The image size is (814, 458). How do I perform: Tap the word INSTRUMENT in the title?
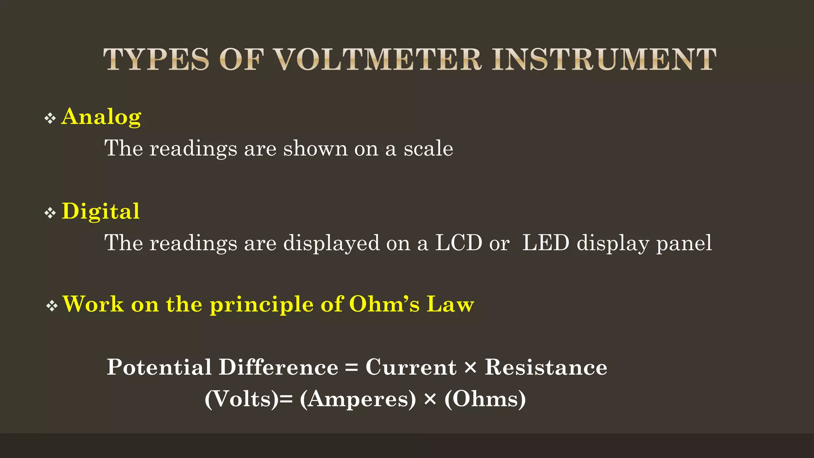pos(604,60)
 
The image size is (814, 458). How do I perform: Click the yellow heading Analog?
pos(101,117)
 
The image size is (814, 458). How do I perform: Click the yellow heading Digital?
pos(101,211)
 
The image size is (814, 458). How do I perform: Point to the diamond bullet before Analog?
pos(50,118)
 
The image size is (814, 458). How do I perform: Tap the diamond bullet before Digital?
pos(50,213)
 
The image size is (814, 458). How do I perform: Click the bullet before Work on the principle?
pos(52,306)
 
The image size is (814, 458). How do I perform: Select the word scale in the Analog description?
pos(428,148)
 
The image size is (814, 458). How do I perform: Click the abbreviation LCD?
pos(459,243)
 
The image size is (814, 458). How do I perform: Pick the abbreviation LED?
pos(546,243)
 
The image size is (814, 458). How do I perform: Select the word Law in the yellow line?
pos(450,304)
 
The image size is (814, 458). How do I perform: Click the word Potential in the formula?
pos(159,367)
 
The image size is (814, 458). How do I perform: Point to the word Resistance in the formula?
pos(546,367)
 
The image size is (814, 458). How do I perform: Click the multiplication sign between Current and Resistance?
pos(470,367)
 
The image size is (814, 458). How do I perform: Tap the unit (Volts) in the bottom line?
pos(242,399)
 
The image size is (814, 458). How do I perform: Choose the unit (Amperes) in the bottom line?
pos(358,399)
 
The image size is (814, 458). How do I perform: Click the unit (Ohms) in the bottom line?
pos(485,399)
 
